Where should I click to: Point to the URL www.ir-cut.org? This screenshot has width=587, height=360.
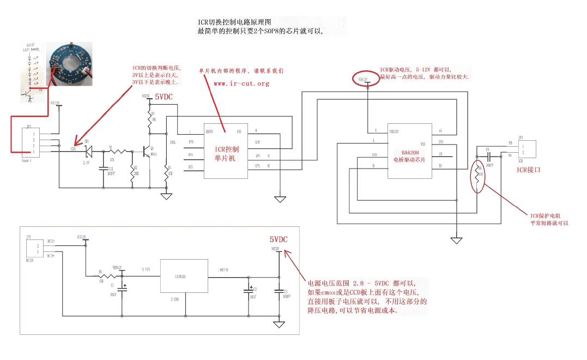pos(241,83)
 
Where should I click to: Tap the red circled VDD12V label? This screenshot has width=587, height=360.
pos(363,80)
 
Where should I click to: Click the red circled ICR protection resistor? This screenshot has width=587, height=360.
pos(477,176)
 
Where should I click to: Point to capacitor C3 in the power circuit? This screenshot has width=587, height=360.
pos(279,291)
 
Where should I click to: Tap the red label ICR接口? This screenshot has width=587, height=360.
pos(529,170)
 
